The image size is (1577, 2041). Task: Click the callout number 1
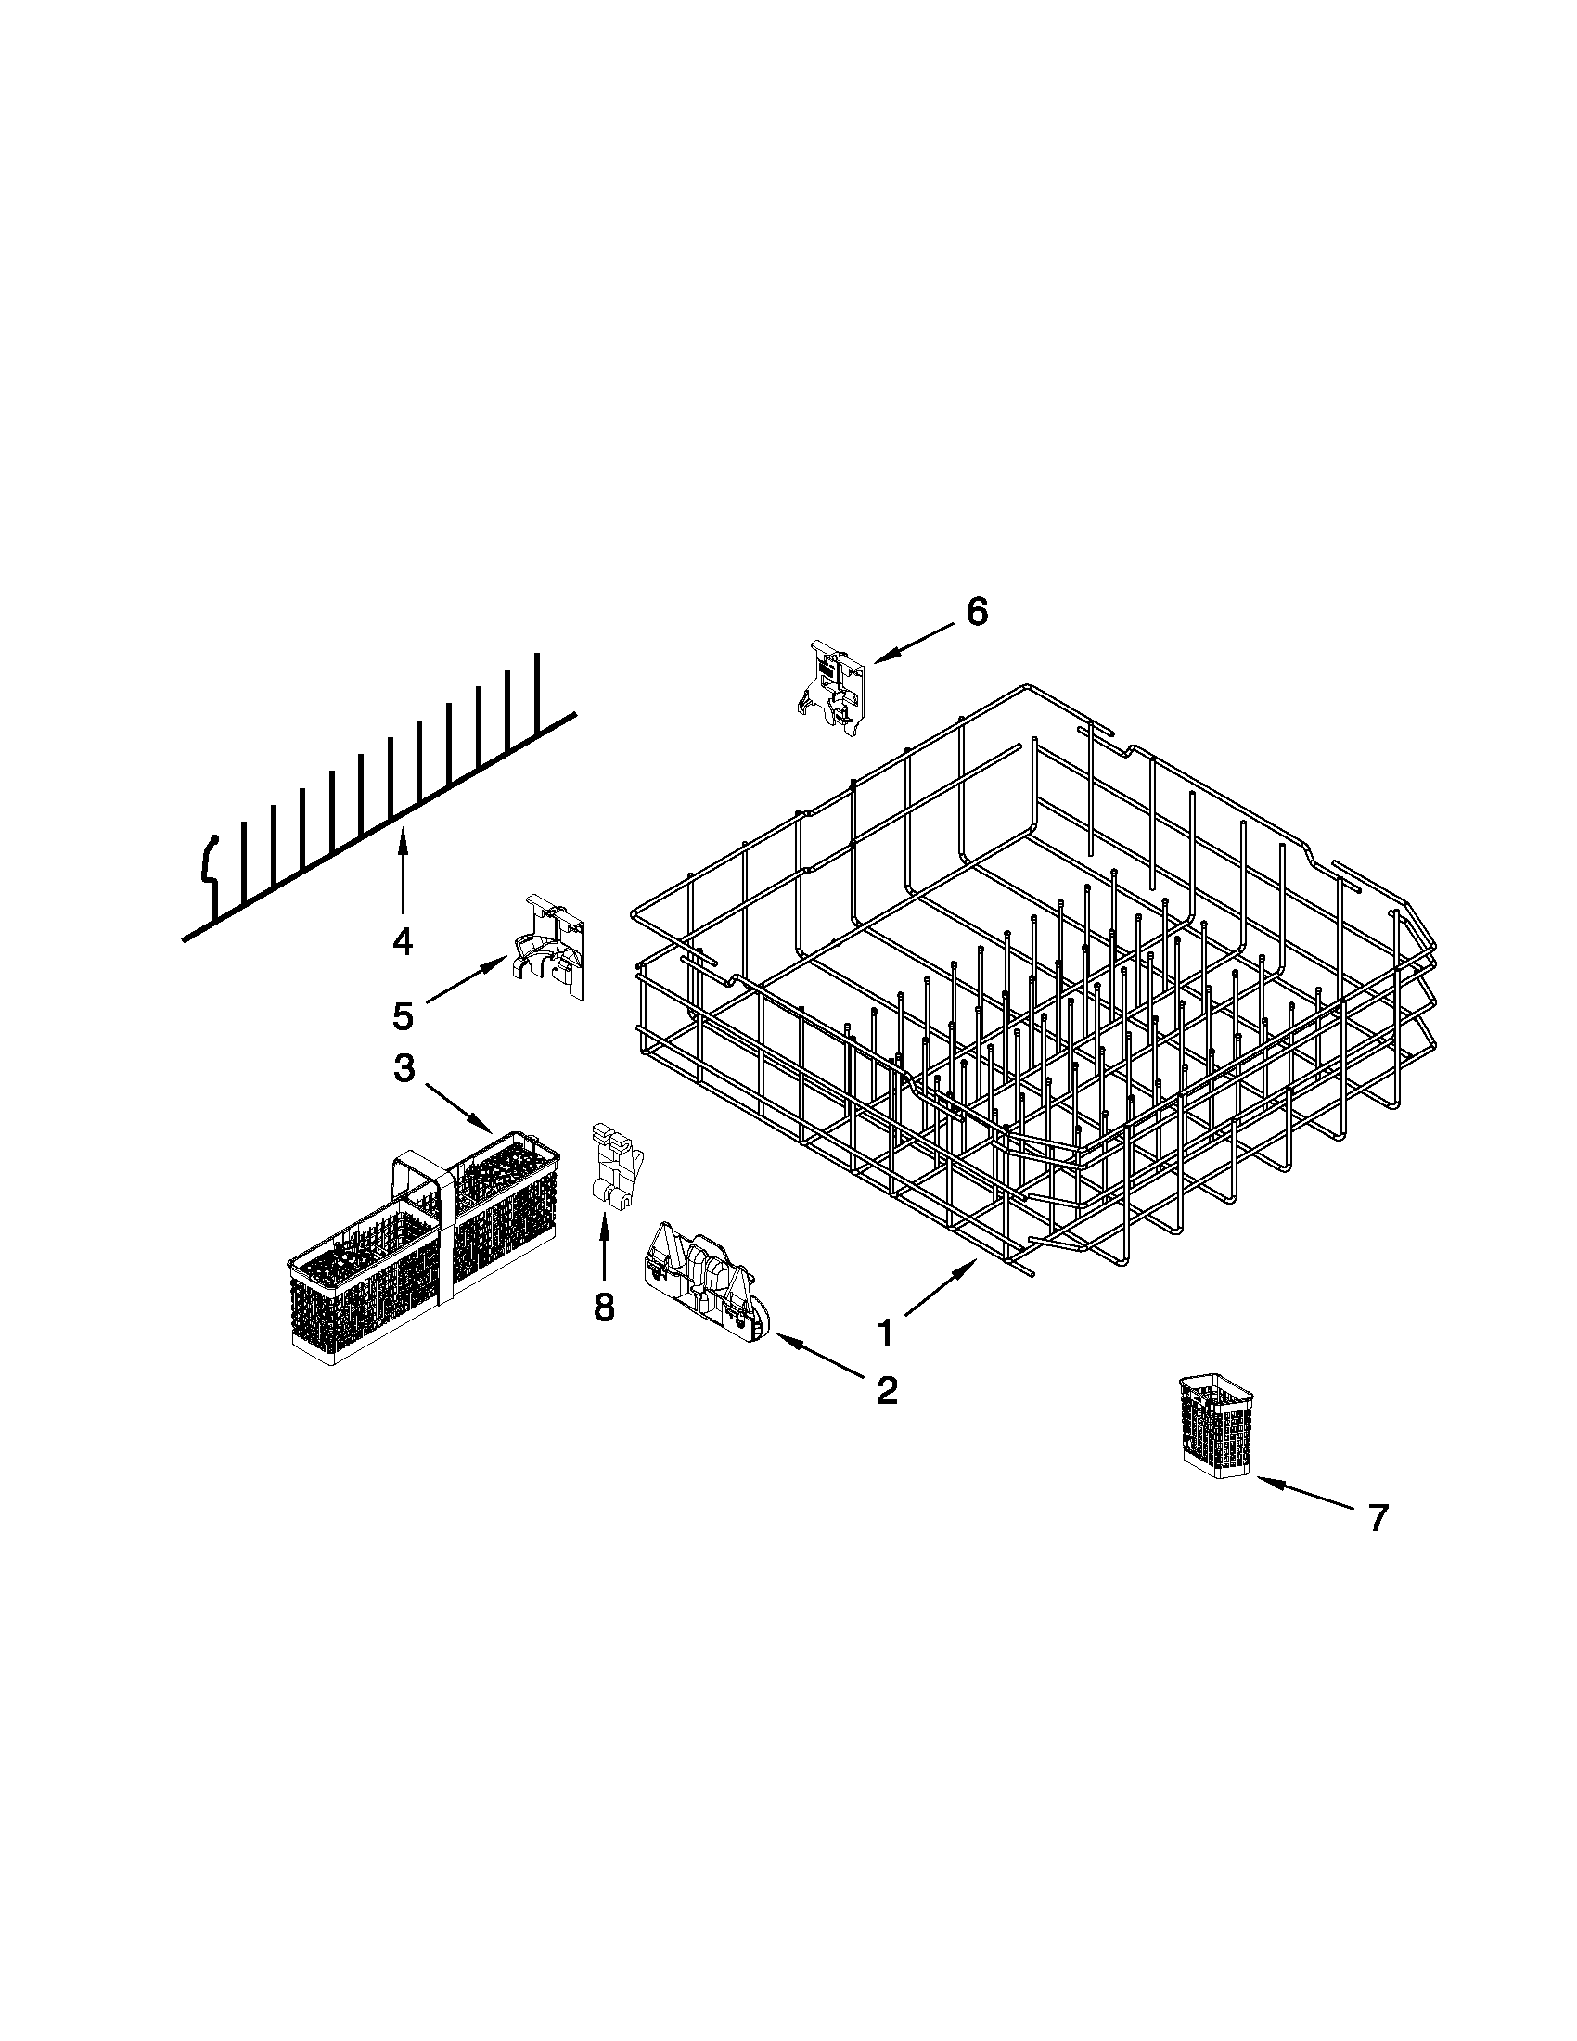point(883,1333)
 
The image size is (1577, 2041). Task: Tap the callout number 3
point(403,1068)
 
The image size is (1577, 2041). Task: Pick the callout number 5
point(402,1015)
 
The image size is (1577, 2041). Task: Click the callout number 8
point(604,1307)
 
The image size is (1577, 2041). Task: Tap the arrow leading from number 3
point(458,1108)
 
